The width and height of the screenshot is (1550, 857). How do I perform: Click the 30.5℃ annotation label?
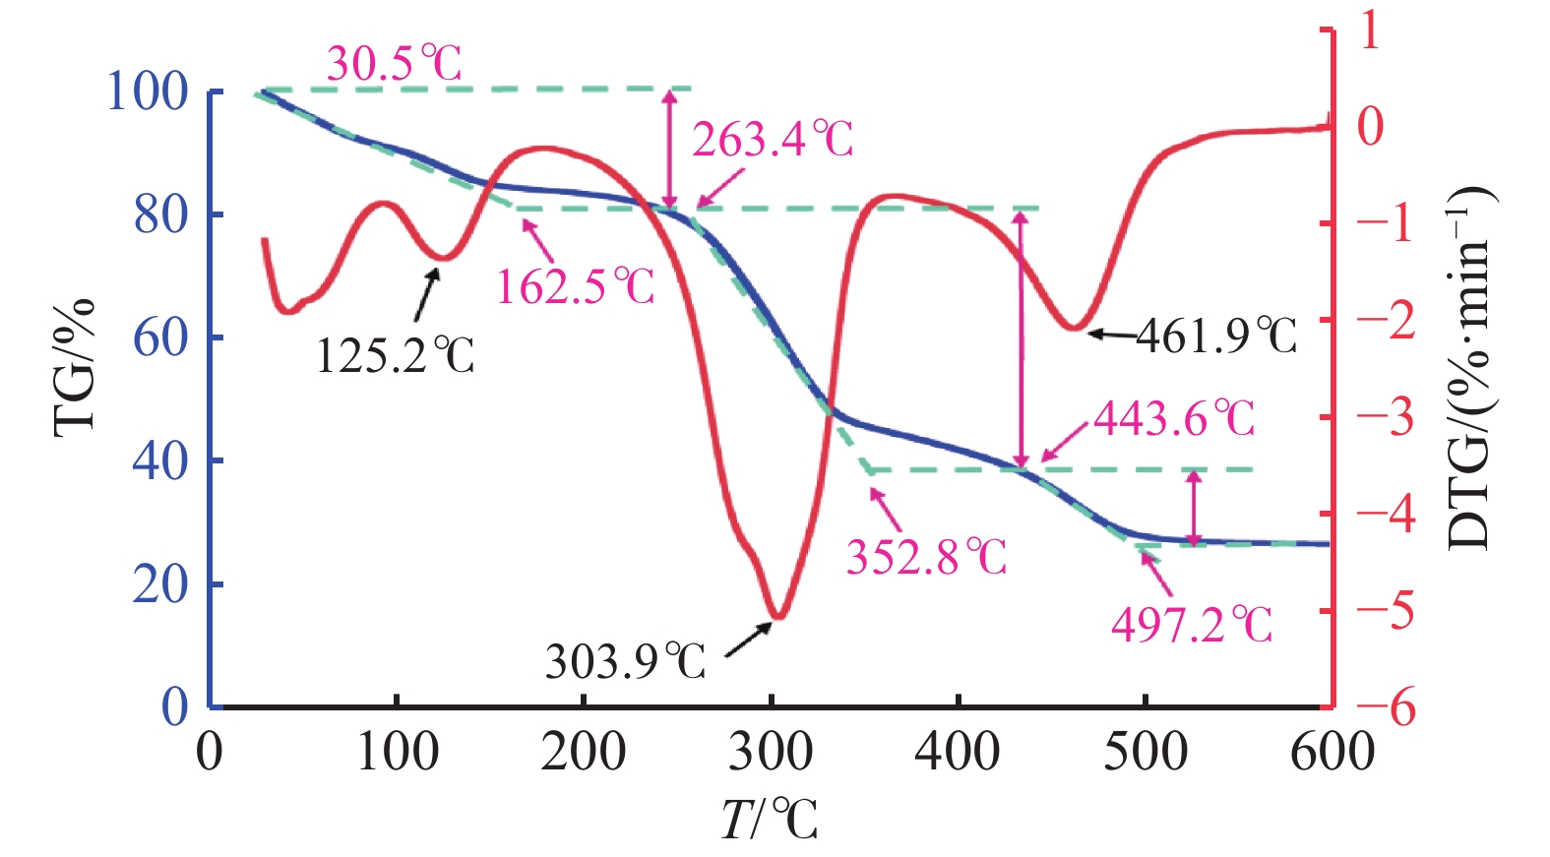(394, 65)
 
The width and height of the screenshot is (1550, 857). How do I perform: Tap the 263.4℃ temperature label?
(773, 140)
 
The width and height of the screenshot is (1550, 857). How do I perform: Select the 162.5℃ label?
(576, 287)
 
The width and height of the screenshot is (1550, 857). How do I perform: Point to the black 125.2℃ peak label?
(395, 355)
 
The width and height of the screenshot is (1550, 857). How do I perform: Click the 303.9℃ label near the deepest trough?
(626, 661)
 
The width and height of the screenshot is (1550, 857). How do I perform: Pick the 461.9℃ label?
(1216, 337)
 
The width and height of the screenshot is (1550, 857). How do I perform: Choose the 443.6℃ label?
(1174, 419)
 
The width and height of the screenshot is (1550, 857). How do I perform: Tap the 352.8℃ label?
(927, 558)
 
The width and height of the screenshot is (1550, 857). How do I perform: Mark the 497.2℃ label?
(1192, 625)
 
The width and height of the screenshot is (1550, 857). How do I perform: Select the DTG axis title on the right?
(1470, 366)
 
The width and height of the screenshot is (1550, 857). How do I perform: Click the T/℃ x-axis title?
(770, 820)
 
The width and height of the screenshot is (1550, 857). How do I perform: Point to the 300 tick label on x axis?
(771, 753)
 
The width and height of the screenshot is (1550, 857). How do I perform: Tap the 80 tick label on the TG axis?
(160, 214)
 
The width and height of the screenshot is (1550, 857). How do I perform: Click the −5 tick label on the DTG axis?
(1386, 610)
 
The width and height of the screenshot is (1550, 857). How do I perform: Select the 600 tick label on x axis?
(1332, 753)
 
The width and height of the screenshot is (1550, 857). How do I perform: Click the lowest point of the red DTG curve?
(777, 617)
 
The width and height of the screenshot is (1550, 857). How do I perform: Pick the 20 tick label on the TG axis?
(160, 584)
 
